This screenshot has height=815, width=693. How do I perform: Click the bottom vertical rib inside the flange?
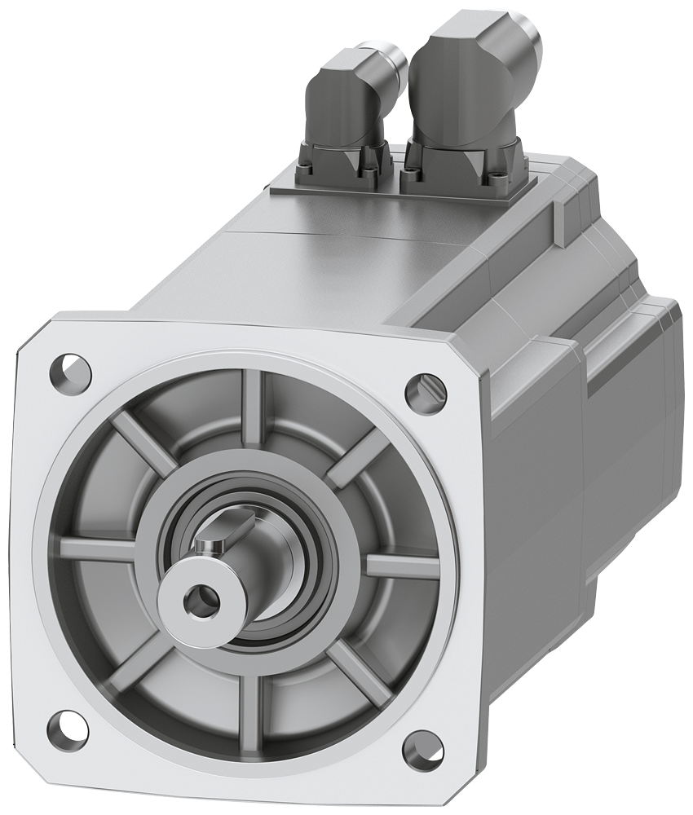[x=249, y=705]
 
